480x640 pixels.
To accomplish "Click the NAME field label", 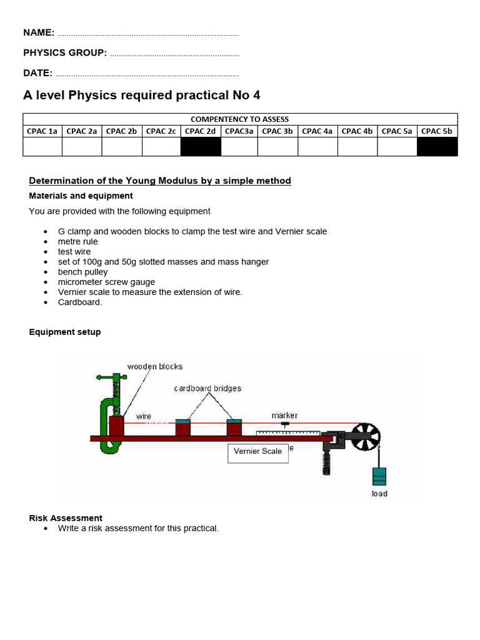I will tap(39, 32).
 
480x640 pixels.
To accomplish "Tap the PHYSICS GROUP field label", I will tap(65, 52).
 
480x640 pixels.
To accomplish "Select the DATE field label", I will tap(37, 73).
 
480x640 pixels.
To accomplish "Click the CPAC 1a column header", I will tap(42, 131).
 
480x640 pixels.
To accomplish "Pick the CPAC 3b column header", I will tap(277, 131).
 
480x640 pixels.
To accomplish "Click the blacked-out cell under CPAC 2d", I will tap(201, 147).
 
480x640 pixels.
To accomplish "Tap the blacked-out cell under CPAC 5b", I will tap(437, 147).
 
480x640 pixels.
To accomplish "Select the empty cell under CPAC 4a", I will tap(317, 147).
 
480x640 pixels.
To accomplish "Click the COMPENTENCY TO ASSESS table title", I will tap(240, 119).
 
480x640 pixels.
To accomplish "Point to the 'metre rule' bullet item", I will tap(78, 242).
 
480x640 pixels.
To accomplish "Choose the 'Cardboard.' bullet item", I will tap(80, 302).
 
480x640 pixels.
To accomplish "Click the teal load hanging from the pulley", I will tap(379, 476).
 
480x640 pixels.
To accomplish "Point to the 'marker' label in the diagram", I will tap(284, 415).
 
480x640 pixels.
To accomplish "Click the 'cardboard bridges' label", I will tap(207, 388).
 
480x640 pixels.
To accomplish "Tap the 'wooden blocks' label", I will tap(155, 366).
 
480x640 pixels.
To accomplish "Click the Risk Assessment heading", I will tap(66, 518).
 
